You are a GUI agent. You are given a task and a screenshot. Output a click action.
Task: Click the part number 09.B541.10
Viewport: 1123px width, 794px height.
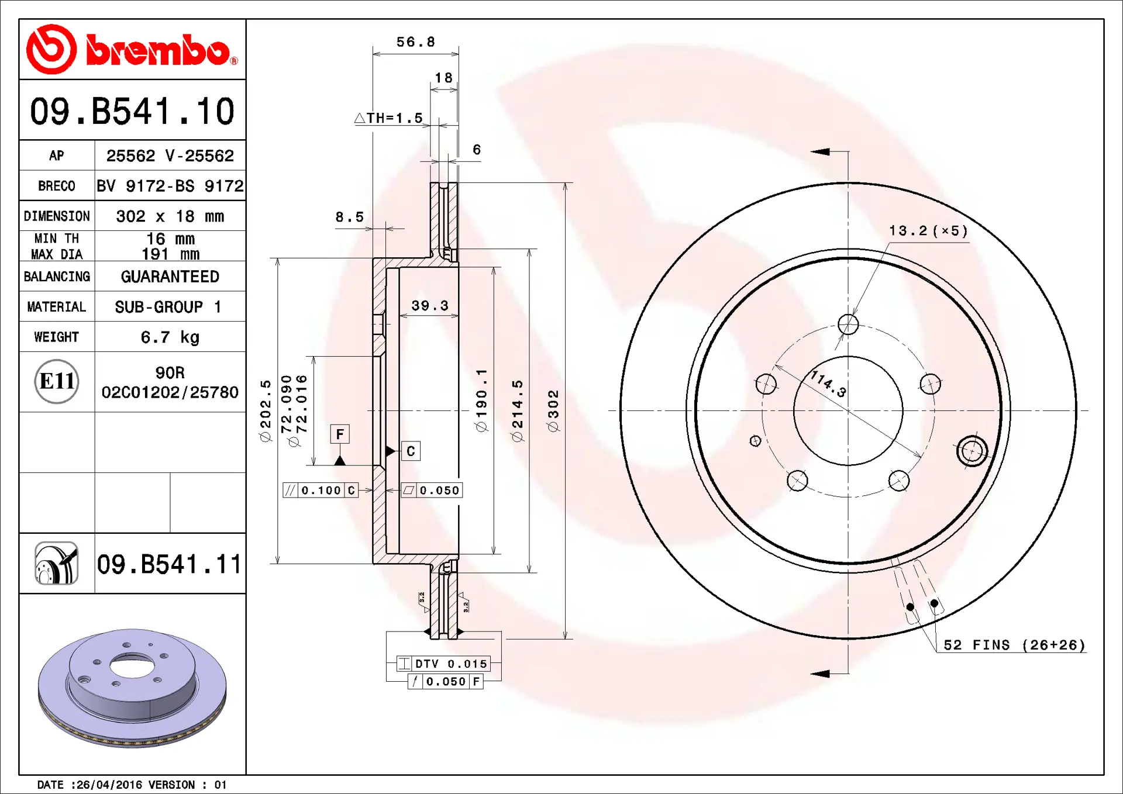(x=132, y=111)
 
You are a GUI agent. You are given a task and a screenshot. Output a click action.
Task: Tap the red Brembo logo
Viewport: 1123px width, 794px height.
(x=132, y=49)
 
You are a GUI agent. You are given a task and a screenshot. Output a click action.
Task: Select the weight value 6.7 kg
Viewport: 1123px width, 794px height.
(x=170, y=337)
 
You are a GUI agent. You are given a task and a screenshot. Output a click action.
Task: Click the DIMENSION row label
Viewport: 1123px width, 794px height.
(x=57, y=216)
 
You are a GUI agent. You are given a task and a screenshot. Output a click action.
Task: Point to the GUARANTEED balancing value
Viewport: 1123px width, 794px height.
(x=170, y=277)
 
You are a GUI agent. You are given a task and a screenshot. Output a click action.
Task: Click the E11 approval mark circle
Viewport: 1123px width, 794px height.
(x=57, y=381)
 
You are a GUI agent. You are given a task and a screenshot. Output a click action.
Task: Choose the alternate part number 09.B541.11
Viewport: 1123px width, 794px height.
(x=169, y=564)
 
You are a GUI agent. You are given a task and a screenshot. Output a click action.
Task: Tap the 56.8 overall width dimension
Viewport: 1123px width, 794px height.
(x=415, y=42)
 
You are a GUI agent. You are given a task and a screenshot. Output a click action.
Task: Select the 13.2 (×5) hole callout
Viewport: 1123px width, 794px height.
(x=928, y=231)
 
